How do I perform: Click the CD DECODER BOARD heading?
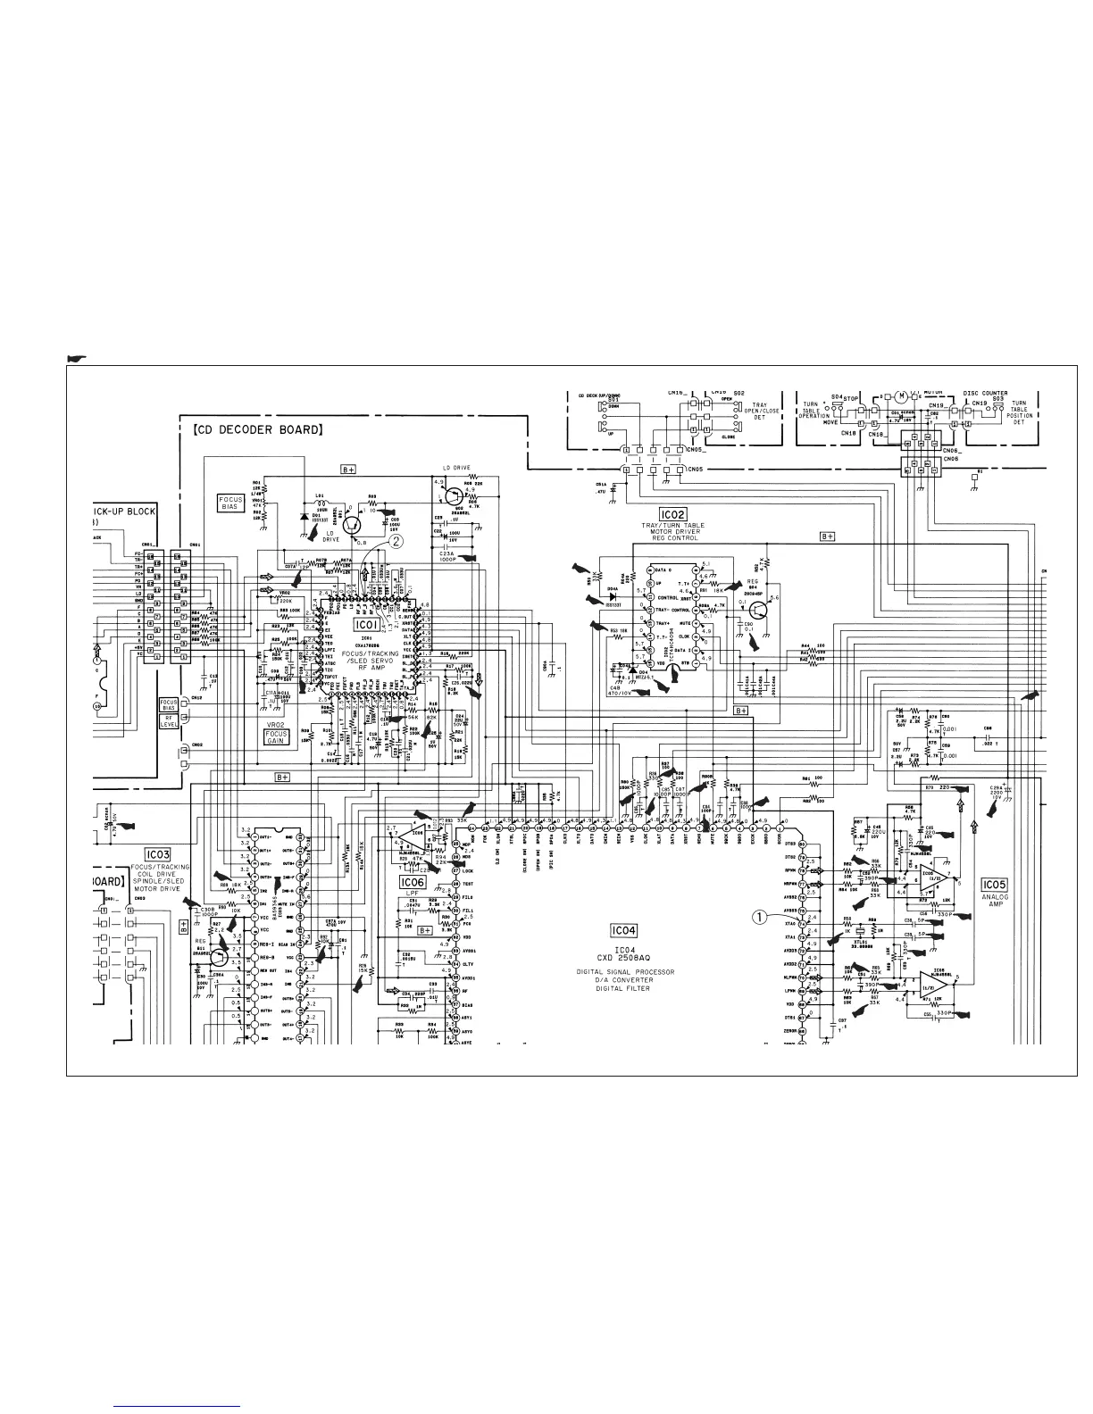(x=257, y=429)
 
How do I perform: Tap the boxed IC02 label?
(x=672, y=514)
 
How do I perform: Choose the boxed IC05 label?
(x=995, y=885)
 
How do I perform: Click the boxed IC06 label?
(x=413, y=881)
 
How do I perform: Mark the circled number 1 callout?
(x=761, y=915)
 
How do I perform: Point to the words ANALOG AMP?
(x=995, y=901)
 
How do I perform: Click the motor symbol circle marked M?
(x=902, y=396)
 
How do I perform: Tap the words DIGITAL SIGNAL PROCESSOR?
(x=623, y=971)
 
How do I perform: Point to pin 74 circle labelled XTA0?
(x=802, y=924)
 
